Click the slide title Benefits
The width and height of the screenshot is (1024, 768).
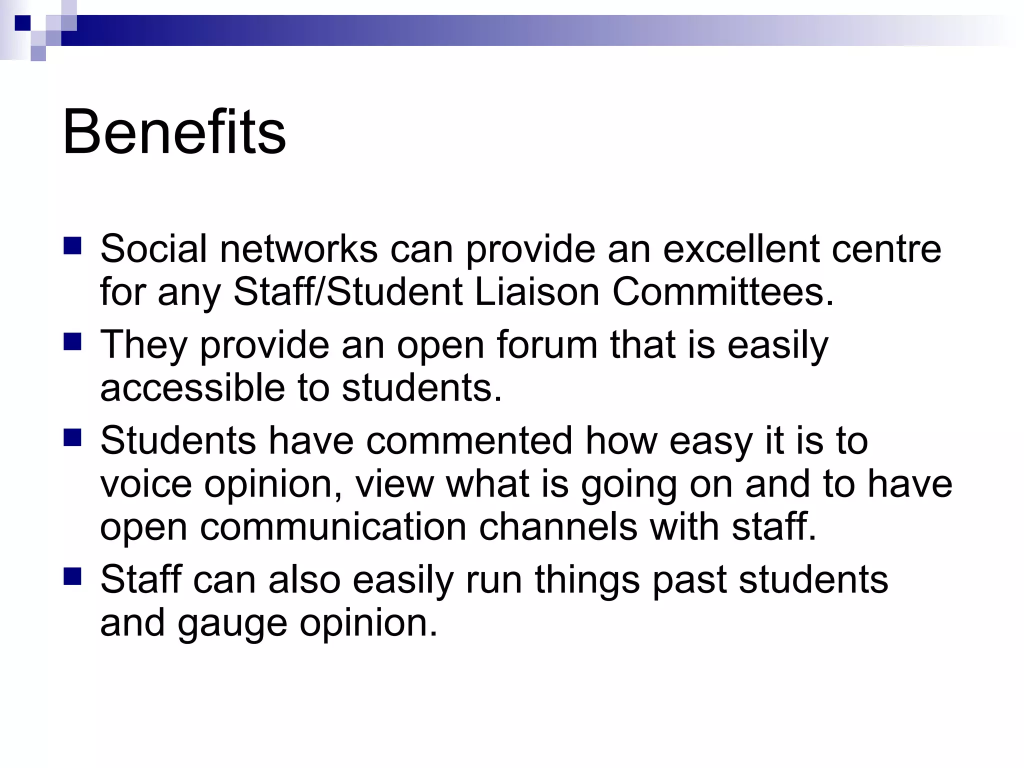click(174, 132)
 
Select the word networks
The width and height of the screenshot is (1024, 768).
click(298, 249)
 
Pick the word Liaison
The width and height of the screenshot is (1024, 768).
click(536, 292)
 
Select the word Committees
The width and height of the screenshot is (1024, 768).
click(722, 292)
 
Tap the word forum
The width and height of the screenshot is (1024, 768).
click(547, 345)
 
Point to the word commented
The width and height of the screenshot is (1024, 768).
click(469, 441)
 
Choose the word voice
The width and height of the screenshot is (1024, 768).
click(145, 484)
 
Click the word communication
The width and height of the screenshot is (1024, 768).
click(333, 527)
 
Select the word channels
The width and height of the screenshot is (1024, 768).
click(557, 527)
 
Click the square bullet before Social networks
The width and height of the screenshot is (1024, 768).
click(72, 246)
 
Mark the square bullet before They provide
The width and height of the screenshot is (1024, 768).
click(72, 342)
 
